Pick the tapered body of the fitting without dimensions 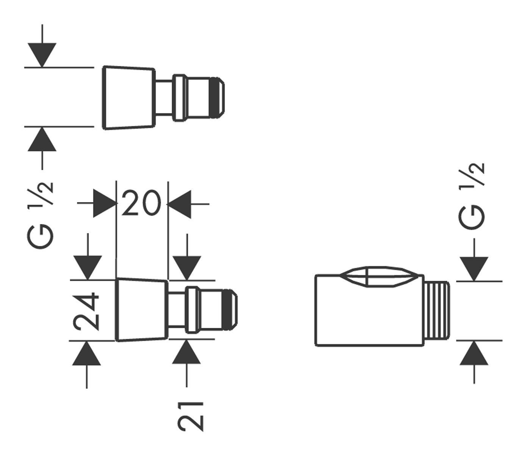[129, 98]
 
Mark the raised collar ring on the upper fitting [179, 98]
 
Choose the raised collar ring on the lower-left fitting [192, 310]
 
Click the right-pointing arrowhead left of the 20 [105, 204]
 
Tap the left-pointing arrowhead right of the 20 [179, 204]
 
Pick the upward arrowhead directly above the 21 [186, 353]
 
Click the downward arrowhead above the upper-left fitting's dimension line [42, 55]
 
